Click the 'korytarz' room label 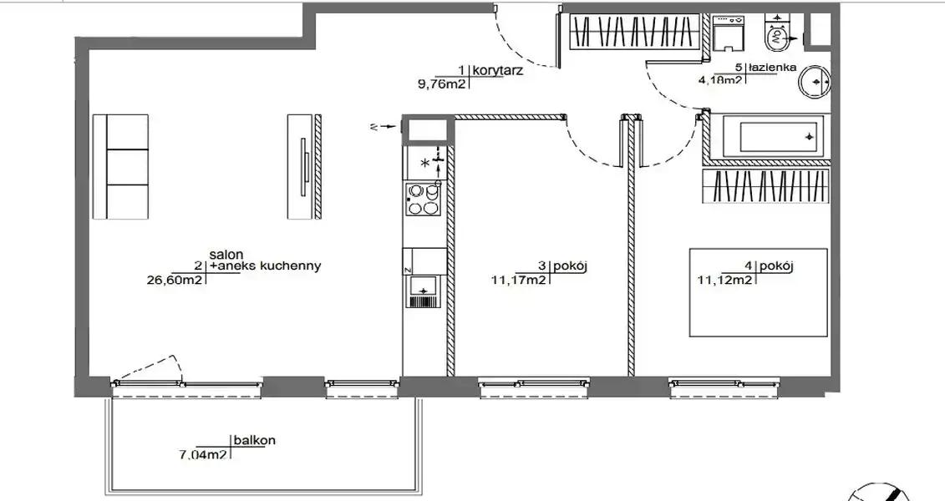click(x=497, y=70)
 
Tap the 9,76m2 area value click(x=441, y=84)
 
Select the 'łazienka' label click(x=773, y=68)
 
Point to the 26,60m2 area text click(x=174, y=279)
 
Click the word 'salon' click(x=226, y=255)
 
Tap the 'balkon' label click(x=254, y=440)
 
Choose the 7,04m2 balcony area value click(x=203, y=454)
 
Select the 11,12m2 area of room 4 click(x=725, y=280)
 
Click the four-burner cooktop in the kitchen click(x=423, y=200)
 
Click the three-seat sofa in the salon click(x=120, y=167)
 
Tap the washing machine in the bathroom click(x=728, y=34)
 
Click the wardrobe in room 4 click(x=766, y=187)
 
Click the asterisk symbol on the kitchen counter click(x=425, y=163)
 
